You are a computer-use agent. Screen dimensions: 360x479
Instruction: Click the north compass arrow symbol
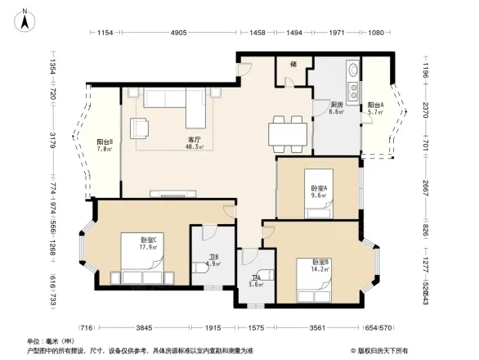[25, 19]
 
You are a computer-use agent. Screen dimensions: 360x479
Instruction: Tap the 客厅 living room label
[194, 139]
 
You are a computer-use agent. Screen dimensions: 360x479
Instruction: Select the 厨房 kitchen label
[336, 105]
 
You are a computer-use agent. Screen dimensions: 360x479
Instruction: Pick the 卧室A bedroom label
[319, 189]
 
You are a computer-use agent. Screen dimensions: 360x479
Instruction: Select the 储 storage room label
[293, 63]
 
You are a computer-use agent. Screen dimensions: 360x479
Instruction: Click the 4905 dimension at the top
[179, 33]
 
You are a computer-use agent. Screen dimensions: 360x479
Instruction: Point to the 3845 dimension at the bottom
[144, 328]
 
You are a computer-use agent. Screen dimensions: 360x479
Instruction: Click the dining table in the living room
[289, 132]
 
